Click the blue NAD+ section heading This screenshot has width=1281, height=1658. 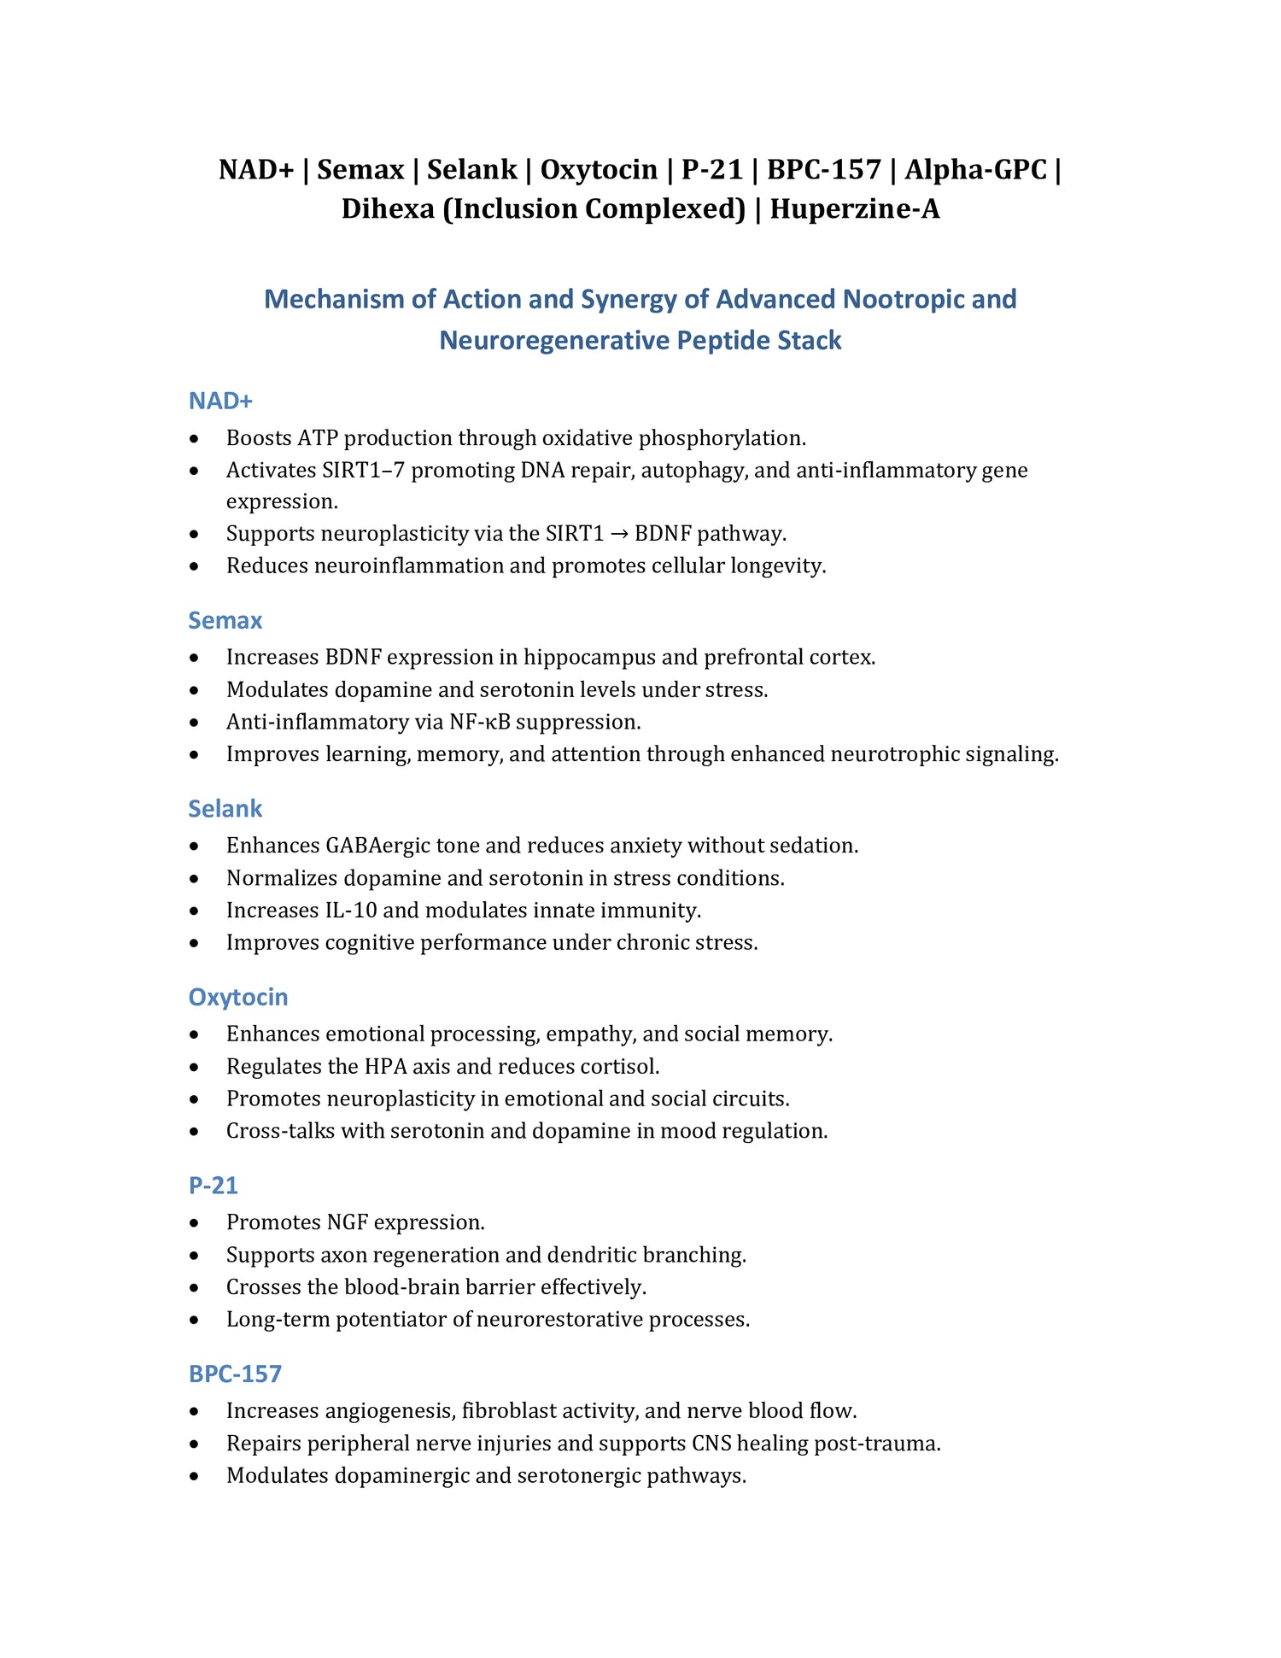(220, 401)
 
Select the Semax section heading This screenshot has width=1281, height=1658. (225, 620)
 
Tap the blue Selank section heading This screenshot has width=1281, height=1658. (225, 808)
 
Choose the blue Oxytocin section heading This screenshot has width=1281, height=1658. (238, 997)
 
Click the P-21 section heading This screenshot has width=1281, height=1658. (213, 1186)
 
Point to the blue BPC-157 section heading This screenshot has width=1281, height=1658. (235, 1374)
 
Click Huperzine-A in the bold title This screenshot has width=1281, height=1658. (854, 208)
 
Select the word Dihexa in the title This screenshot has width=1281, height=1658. (388, 208)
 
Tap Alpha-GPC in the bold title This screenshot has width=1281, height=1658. (975, 169)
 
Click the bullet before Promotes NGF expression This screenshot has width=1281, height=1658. (196, 1223)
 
